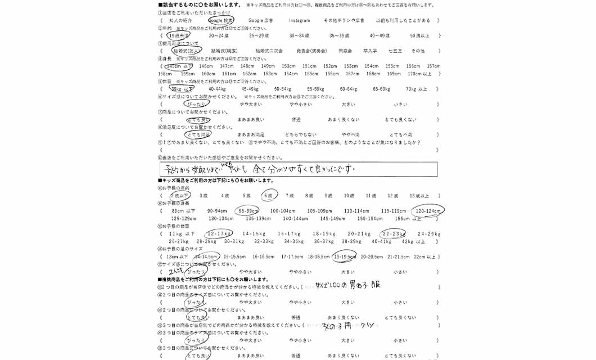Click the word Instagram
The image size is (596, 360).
[x=299, y=21]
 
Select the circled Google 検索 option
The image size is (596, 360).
[x=220, y=21]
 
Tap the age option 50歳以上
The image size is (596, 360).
[x=419, y=35]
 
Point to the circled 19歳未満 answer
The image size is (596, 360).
[x=178, y=35]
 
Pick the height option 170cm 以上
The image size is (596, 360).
[x=419, y=74]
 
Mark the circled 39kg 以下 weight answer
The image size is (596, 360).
[x=182, y=89]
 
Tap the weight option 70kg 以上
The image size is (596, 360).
[x=416, y=89]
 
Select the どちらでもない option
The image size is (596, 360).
[x=300, y=135]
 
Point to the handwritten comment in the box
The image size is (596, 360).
[x=259, y=168]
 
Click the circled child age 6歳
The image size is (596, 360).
[x=269, y=196]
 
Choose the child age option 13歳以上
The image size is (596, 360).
[x=419, y=196]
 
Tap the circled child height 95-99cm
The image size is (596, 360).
[x=247, y=211]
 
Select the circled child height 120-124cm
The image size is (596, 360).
[x=427, y=211]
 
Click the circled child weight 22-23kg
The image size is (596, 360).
[x=393, y=233]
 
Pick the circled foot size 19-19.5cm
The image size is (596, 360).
[x=345, y=256]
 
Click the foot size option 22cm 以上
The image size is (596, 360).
[x=424, y=256]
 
